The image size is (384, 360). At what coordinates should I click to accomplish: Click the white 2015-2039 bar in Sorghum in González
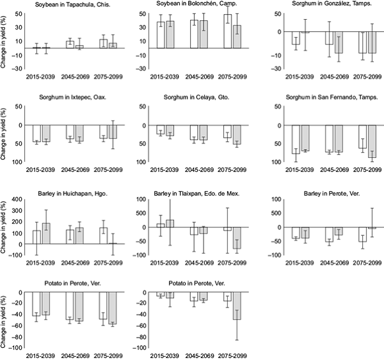click(x=296, y=38)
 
